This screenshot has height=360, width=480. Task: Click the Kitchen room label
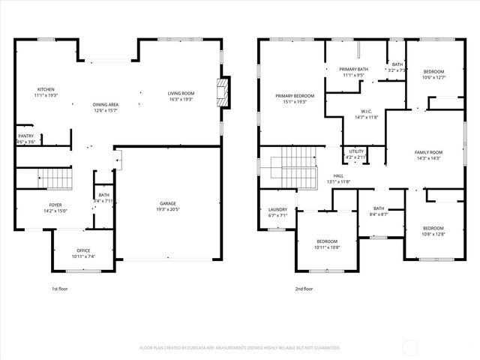tap(46, 89)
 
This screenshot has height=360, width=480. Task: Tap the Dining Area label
tap(105, 104)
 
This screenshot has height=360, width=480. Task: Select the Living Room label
tap(180, 93)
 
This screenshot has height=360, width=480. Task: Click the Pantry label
tap(25, 136)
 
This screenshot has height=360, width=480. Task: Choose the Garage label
tap(167, 203)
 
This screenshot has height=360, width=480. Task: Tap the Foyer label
tap(55, 205)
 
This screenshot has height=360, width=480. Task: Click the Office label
tap(83, 250)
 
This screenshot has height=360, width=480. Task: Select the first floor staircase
tap(54, 179)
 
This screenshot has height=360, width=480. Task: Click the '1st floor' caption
tap(61, 289)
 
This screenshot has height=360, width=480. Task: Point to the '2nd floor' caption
tap(304, 289)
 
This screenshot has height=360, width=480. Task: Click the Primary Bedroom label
tap(294, 96)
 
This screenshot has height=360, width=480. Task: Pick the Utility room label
tap(355, 151)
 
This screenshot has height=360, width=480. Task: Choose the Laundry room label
tap(277, 210)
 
